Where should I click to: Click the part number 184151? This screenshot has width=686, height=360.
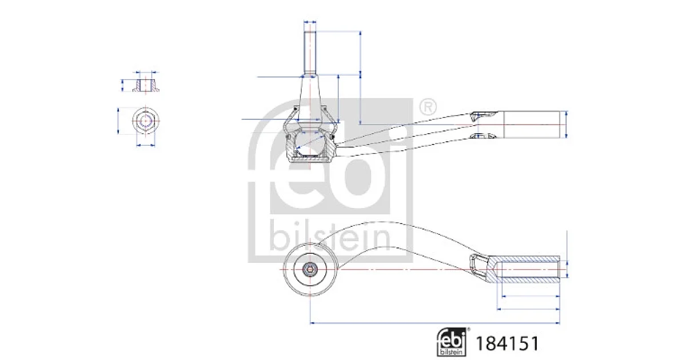point(507,343)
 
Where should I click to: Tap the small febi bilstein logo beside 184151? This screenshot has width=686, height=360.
point(452,342)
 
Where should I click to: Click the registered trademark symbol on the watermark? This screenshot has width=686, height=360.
point(428,107)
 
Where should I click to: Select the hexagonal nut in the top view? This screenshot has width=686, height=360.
point(145,121)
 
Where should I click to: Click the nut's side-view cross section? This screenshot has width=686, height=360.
point(146,85)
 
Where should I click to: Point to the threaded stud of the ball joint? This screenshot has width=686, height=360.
point(310,53)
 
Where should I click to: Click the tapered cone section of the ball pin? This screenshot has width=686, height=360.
point(310,98)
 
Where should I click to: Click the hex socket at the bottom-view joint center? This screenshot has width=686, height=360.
point(310,269)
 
